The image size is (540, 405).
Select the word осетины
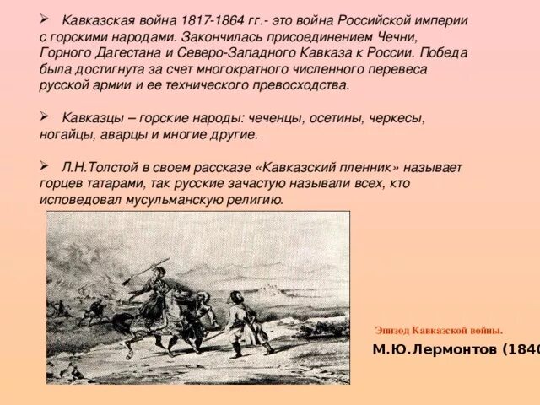337,118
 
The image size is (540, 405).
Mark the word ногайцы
68,134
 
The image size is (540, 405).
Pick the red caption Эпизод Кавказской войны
439,329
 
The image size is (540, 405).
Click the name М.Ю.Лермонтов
430,349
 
